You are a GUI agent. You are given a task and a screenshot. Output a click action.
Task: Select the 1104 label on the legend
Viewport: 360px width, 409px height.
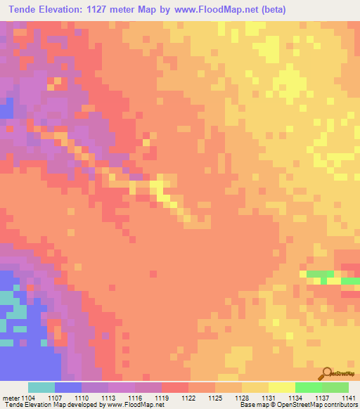[28, 397]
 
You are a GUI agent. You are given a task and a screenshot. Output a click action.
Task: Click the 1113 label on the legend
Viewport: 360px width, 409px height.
[108, 397]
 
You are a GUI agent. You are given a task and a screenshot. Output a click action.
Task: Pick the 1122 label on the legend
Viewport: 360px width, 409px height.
[188, 397]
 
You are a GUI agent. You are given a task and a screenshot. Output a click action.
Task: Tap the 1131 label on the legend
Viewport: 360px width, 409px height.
[268, 397]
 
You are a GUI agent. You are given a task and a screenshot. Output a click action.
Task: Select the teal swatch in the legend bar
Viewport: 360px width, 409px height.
[41, 387]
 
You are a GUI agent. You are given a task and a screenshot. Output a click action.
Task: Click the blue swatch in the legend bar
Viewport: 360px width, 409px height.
[68, 387]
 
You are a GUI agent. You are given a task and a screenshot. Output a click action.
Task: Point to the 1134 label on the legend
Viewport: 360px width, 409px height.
[295, 397]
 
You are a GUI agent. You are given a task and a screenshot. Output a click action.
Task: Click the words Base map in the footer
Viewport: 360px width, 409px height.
[252, 405]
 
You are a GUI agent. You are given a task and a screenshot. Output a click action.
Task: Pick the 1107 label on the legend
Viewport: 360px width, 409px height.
[55, 397]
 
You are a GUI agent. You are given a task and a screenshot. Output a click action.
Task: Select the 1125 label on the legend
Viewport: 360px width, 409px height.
[215, 397]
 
